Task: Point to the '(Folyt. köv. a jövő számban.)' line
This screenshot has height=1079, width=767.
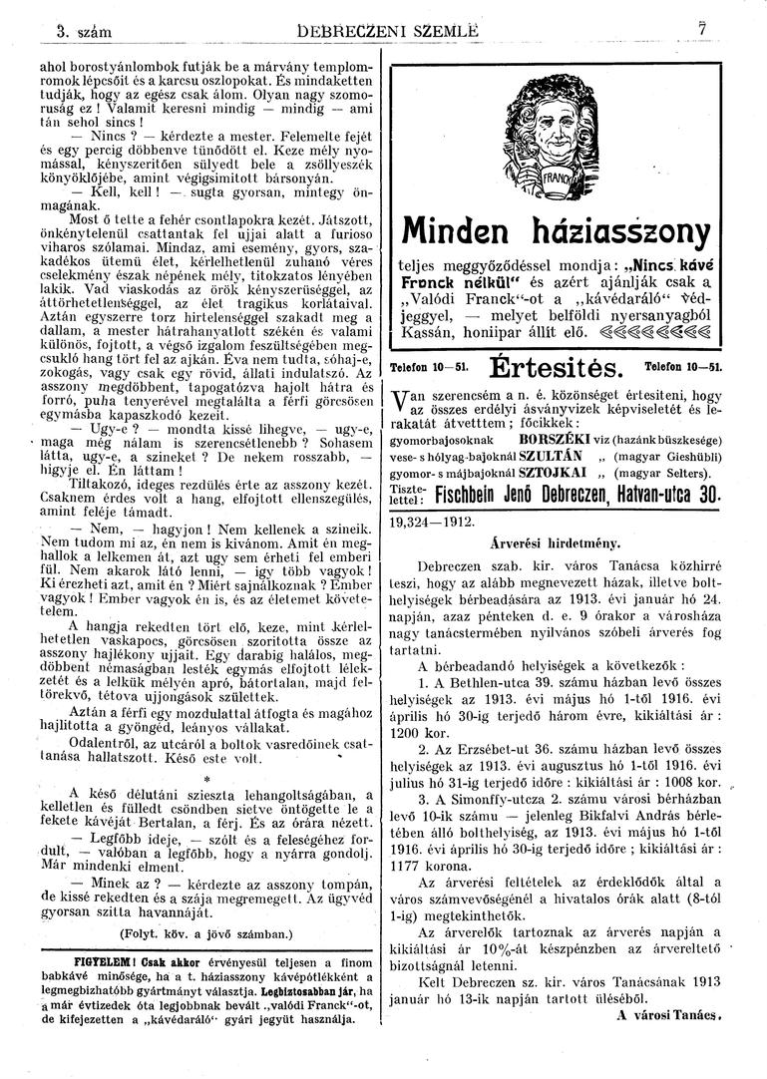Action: point(204,935)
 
